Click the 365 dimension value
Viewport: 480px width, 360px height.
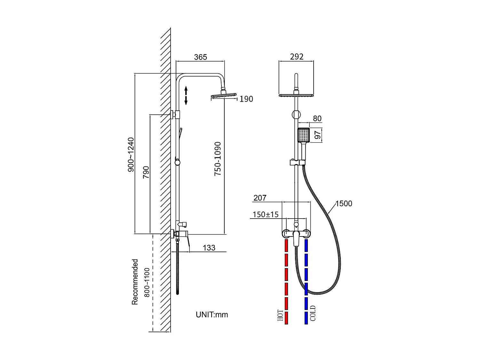click(x=201, y=57)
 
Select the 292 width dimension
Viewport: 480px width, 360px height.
click(x=296, y=57)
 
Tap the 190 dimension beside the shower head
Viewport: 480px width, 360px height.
click(x=246, y=99)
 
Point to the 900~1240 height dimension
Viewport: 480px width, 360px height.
click(x=131, y=155)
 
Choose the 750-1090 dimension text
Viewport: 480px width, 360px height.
click(x=218, y=159)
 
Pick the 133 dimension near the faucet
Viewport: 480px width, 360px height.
click(x=209, y=248)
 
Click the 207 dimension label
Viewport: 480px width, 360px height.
click(x=260, y=198)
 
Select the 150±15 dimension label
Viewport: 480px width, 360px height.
click(x=266, y=214)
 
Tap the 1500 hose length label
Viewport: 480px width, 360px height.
click(x=344, y=204)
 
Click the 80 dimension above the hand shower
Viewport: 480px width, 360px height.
click(x=317, y=119)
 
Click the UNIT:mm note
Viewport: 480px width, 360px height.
click(x=212, y=315)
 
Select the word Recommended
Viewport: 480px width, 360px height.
click(x=135, y=282)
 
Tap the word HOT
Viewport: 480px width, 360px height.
click(x=280, y=316)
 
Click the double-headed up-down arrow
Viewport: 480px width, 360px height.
click(x=186, y=95)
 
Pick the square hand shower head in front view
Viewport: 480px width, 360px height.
click(x=304, y=135)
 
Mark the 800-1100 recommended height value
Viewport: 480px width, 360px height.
click(x=147, y=282)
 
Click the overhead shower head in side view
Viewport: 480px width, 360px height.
click(x=224, y=95)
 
